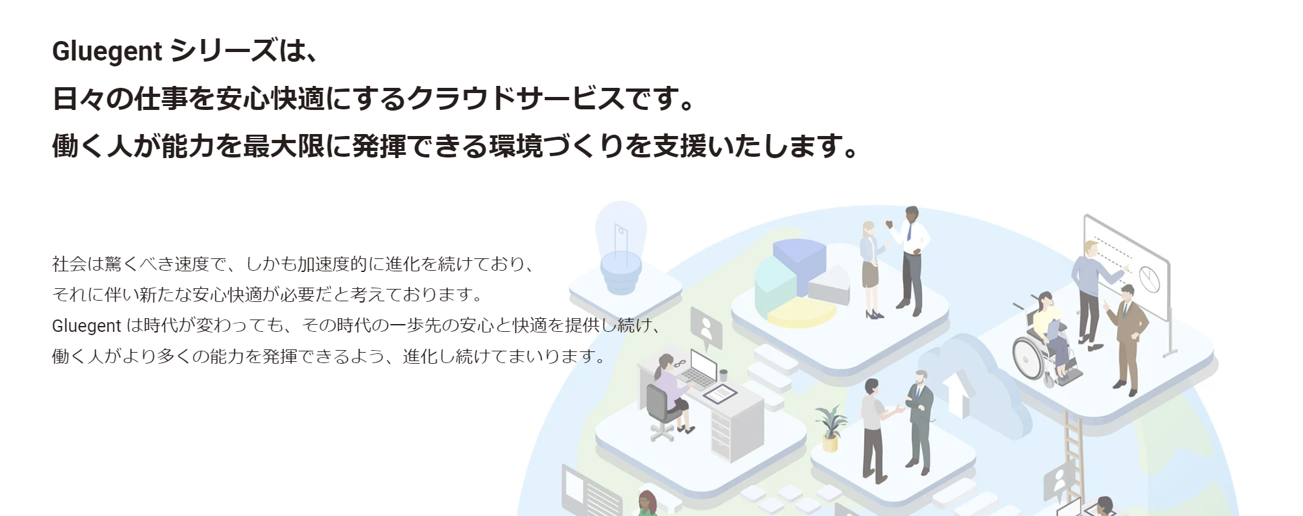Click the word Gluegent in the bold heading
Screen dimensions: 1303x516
107,51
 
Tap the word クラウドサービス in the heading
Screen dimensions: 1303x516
515,98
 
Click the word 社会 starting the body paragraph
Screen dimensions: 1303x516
69,264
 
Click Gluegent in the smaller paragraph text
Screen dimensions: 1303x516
86,325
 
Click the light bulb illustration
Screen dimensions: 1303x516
621,247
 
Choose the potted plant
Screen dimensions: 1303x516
830,428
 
